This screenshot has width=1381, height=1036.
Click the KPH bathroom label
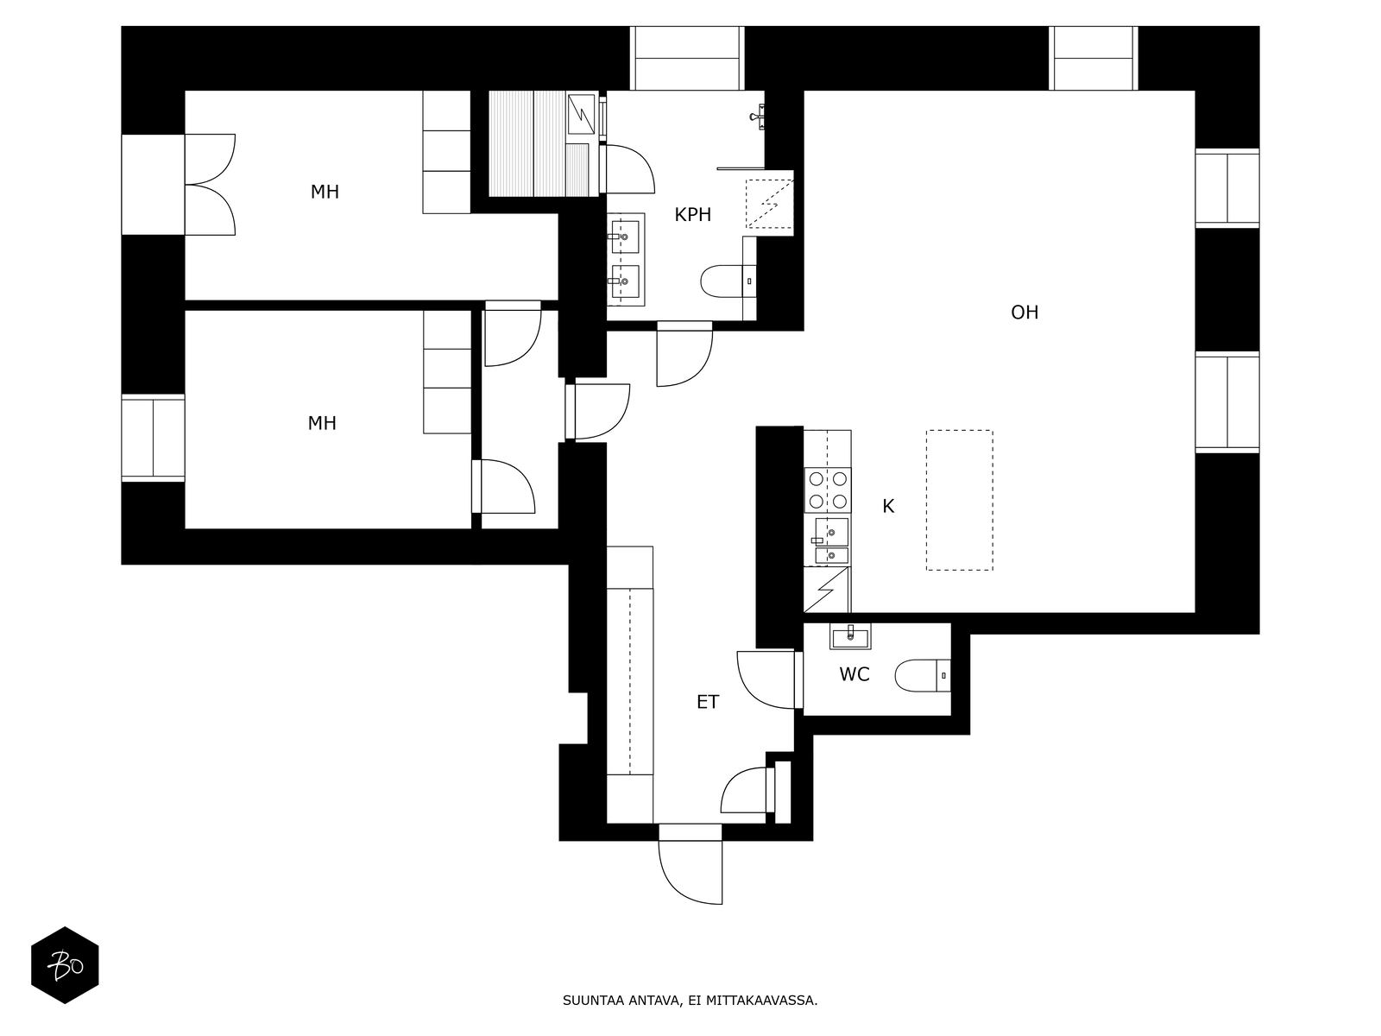click(x=693, y=214)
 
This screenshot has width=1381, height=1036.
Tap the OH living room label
click(x=1025, y=312)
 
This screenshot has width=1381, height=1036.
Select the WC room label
click(x=854, y=674)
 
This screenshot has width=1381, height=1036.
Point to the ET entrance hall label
click(x=708, y=702)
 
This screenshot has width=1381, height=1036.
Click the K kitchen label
click(x=888, y=506)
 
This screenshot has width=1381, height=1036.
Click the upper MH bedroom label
click(x=325, y=192)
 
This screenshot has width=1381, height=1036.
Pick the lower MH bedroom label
click(x=321, y=423)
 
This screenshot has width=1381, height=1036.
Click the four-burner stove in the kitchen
click(x=828, y=490)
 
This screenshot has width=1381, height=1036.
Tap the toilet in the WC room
click(x=923, y=676)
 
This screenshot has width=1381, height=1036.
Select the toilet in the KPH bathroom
click(x=728, y=281)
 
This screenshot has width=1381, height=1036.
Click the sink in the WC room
click(x=850, y=636)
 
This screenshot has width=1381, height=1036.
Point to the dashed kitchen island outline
click(x=960, y=501)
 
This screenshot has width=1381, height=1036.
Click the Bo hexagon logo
click(x=65, y=965)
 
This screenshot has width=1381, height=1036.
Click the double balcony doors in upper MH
click(x=210, y=185)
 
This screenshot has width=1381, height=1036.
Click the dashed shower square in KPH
click(x=769, y=204)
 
